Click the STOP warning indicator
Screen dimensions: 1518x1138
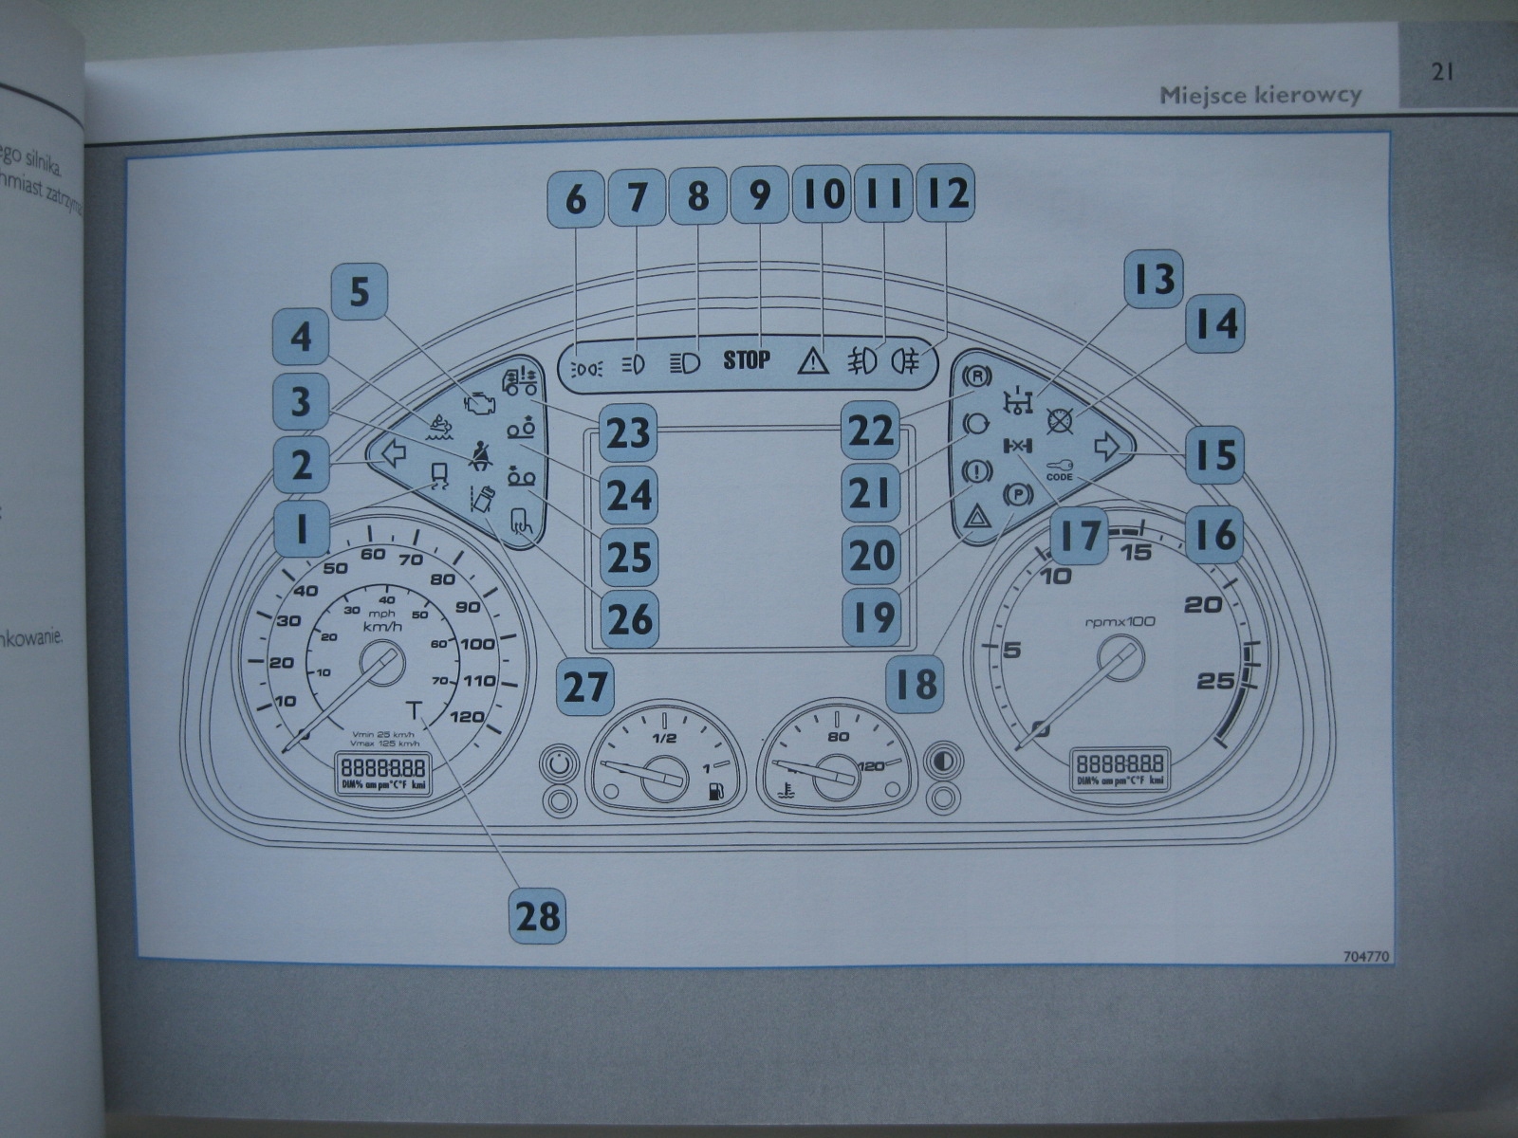point(747,360)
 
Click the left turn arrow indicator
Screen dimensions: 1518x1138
point(391,455)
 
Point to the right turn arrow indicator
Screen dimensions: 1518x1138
point(1106,446)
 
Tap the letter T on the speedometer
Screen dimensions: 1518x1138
point(414,709)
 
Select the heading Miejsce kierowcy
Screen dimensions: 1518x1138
point(1261,95)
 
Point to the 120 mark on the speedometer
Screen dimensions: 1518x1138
point(467,716)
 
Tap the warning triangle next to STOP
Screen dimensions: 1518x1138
point(813,362)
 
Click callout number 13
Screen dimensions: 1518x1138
point(1155,280)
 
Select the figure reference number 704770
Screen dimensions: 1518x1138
point(1366,957)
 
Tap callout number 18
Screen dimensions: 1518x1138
point(916,682)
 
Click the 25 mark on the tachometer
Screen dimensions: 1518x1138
point(1215,680)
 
